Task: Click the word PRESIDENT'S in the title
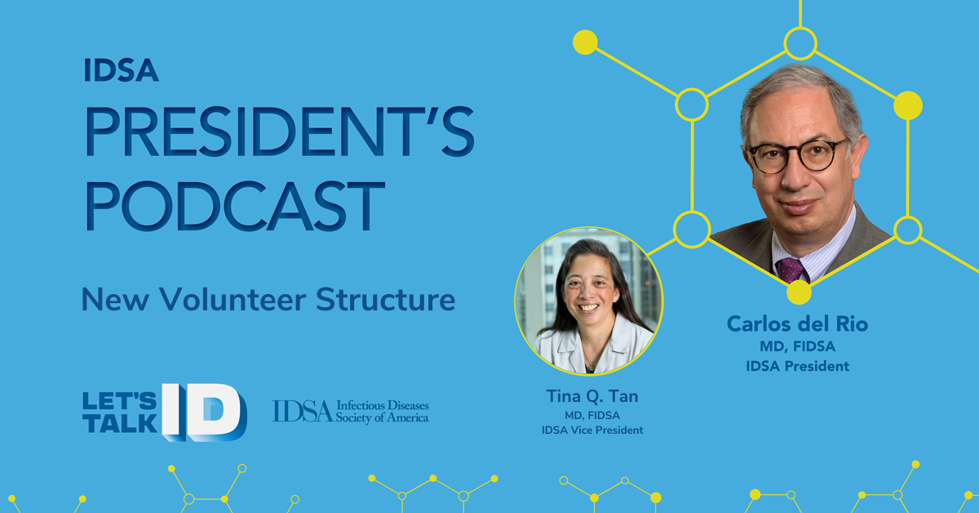point(280,132)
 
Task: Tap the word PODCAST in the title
point(235,206)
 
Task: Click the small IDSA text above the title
point(121,70)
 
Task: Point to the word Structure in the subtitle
point(385,300)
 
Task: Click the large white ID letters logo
point(205,413)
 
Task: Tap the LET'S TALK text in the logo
point(120,413)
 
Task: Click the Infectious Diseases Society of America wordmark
point(351,412)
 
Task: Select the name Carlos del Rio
point(798,324)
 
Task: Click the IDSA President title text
point(798,366)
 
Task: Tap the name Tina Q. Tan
point(592,396)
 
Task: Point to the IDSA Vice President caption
point(592,430)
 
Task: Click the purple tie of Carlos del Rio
point(792,270)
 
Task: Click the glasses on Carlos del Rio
point(798,155)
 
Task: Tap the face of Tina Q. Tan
point(589,291)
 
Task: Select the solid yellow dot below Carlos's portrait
point(799,292)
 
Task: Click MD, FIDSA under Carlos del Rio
point(798,346)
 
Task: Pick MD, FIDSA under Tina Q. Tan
point(592,415)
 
